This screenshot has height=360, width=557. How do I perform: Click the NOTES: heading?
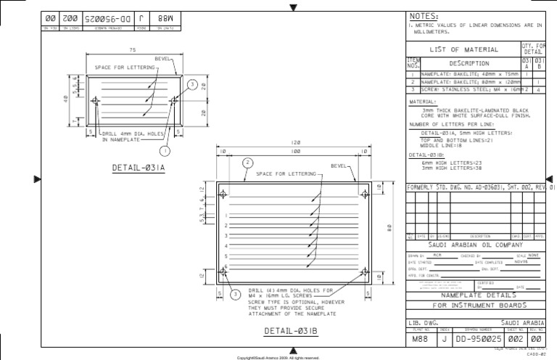[424, 15]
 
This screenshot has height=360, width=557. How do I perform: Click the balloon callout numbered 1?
[165, 151]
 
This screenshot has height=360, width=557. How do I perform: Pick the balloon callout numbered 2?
[247, 162]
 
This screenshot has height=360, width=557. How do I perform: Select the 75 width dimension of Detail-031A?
[133, 50]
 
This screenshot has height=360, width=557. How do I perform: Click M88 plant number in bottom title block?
[418, 338]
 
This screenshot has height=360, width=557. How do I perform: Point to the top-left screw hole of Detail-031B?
[223, 195]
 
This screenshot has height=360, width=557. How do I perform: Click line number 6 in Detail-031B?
[227, 266]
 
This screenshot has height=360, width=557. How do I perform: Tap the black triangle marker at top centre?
[293, 8]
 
